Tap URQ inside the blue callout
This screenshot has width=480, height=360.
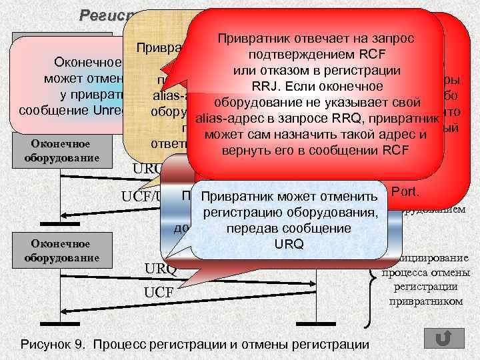coord(289,243)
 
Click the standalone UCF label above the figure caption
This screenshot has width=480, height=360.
coord(157,292)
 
